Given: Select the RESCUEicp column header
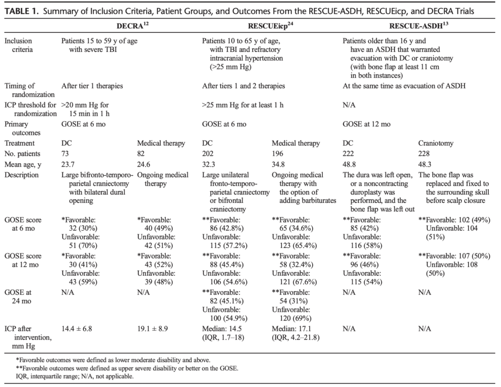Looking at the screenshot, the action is click(x=270, y=26).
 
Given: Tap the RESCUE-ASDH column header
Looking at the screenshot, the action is click(x=419, y=26).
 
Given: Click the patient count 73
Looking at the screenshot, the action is click(x=65, y=154).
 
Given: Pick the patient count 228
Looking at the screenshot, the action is click(x=424, y=154).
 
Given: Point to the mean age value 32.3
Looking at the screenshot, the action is click(x=208, y=165).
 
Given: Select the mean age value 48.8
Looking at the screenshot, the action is click(x=349, y=165).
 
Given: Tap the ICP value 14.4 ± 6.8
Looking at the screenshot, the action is click(x=77, y=329).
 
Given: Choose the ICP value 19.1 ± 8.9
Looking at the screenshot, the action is click(x=153, y=329).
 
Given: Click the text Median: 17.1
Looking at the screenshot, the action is click(x=292, y=329).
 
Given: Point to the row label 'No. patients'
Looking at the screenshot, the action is click(x=23, y=154).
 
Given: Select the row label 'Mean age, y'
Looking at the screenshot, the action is click(x=23, y=165).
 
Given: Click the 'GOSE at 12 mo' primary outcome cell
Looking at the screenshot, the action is click(x=366, y=124).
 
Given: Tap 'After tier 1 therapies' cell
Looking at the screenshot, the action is click(x=92, y=86).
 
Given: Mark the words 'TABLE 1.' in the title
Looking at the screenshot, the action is click(x=21, y=12).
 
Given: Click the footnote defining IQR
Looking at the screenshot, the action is click(x=74, y=376).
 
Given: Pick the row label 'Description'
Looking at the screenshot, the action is click(x=22, y=175).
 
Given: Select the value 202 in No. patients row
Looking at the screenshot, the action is click(x=207, y=154).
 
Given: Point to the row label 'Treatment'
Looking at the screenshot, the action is click(x=20, y=143).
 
